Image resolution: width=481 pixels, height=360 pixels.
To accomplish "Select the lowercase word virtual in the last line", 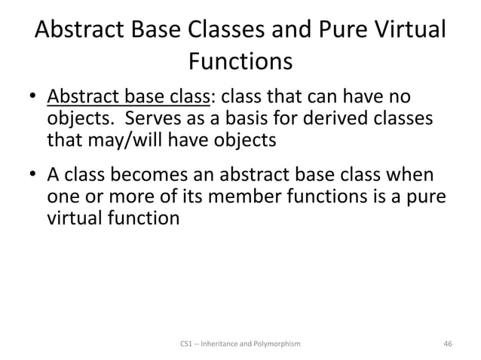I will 75,218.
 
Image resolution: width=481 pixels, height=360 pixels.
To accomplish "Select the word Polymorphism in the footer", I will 277,343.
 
